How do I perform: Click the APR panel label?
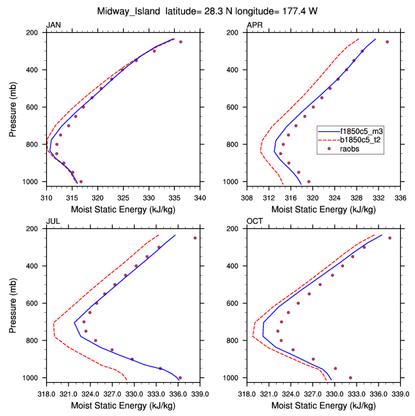[x=254, y=25]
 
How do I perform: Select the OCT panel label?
[x=254, y=221]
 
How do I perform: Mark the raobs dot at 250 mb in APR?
[x=387, y=42]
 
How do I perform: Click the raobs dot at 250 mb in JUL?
[x=195, y=238]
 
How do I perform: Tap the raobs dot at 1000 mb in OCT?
[x=350, y=378]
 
